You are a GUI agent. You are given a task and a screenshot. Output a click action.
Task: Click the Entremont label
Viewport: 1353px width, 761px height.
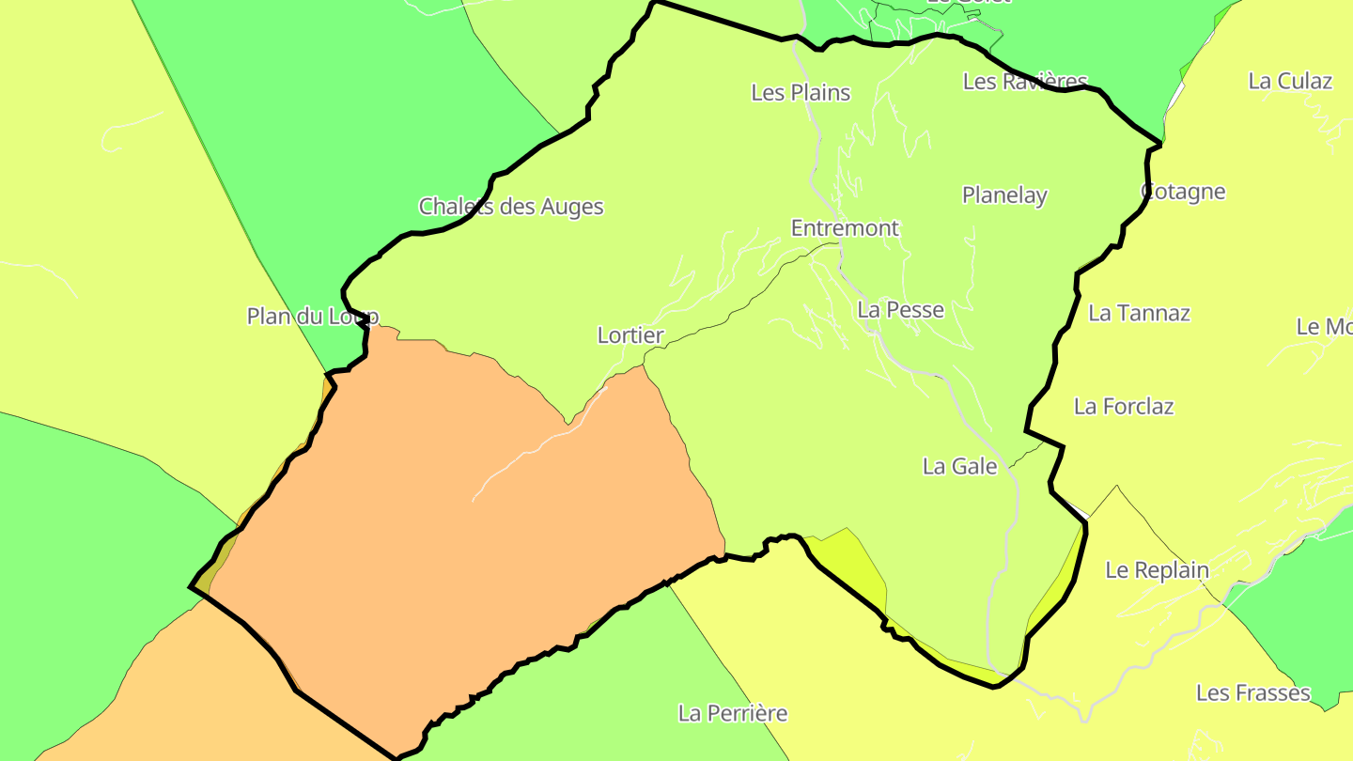(845, 228)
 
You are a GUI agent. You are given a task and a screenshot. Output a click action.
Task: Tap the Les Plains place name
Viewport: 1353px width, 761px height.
(801, 92)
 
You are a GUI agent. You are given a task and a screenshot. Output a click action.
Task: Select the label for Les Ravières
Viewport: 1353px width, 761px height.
(1025, 82)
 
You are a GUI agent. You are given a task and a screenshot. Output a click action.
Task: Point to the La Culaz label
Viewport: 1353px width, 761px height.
(1290, 81)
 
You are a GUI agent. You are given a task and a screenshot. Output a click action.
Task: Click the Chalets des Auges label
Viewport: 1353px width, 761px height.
(511, 207)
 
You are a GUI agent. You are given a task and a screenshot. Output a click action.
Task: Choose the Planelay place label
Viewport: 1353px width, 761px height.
(1004, 195)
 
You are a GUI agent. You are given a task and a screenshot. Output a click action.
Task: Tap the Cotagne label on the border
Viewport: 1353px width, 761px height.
(1183, 192)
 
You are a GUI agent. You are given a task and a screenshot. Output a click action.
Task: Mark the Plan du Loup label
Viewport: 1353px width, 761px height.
(312, 317)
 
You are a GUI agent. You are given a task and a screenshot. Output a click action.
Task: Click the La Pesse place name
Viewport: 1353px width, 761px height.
(900, 309)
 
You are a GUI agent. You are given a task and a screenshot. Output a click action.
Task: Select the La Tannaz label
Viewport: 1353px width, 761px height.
(1139, 313)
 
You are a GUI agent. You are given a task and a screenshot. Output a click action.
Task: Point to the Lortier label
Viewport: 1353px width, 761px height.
(630, 335)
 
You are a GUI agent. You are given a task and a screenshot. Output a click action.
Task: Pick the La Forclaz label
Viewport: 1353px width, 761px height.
(1124, 407)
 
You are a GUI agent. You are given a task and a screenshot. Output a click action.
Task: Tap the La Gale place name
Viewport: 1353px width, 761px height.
(959, 466)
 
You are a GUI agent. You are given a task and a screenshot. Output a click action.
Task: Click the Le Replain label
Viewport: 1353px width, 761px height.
(1157, 570)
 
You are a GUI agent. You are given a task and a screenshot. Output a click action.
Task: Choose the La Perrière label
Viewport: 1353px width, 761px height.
(733, 713)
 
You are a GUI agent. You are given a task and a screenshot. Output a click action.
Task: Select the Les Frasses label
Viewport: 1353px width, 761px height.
(1252, 693)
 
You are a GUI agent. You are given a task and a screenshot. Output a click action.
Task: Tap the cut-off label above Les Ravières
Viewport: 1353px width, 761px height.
(968, 3)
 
